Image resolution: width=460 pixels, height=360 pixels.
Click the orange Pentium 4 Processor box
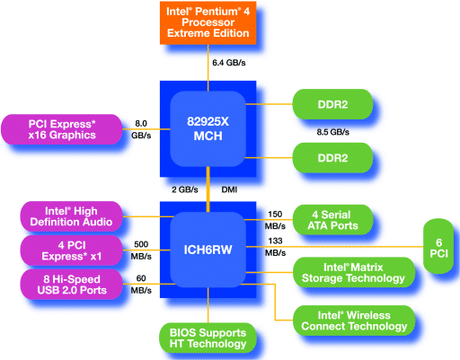pos(208,22)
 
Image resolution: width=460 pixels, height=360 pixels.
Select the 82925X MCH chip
pos(208,128)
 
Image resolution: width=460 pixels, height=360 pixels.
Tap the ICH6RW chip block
pos(208,250)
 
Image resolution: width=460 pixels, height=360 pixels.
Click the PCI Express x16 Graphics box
pos(62,129)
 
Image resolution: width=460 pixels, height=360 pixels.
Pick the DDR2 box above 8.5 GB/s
pos(332,104)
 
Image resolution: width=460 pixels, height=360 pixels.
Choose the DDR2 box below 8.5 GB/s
pos(332,158)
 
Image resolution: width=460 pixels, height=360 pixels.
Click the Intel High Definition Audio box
pos(71,216)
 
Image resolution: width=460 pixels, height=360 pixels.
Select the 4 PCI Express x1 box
pos(71,250)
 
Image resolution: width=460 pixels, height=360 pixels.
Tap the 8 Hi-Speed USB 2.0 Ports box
pos(71,285)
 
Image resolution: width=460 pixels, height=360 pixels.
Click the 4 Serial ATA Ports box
pos(332,220)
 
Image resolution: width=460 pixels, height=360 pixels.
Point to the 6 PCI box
pos(438,246)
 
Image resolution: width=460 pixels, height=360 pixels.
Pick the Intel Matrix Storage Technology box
pos(354,272)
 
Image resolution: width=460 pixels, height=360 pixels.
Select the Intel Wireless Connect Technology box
pos(354,320)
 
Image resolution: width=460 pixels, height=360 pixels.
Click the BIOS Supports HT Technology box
pos(208,338)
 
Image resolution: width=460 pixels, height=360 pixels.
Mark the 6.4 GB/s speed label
pos(229,63)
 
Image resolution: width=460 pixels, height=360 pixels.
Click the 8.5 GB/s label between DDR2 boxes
pos(333,132)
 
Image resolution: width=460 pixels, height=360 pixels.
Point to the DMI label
pos(229,189)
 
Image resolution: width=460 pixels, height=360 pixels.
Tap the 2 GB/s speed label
pos(185,189)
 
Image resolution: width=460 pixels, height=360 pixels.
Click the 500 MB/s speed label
pos(141,250)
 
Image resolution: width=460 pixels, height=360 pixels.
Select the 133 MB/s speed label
pos(275,247)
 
